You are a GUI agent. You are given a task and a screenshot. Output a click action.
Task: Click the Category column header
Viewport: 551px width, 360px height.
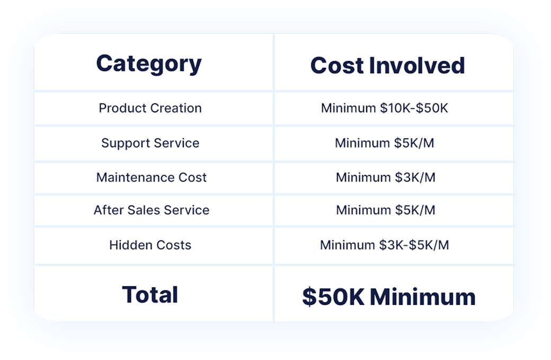149,64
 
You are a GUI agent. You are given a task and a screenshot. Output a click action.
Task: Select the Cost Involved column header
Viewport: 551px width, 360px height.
388,65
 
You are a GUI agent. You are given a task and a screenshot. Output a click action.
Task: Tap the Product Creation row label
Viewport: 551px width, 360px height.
150,108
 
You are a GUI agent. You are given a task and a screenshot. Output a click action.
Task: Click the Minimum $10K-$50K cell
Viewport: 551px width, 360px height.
385,108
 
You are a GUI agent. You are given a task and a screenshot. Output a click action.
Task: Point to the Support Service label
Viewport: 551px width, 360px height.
150,143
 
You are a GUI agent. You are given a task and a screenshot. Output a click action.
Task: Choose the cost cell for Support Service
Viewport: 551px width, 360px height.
385,143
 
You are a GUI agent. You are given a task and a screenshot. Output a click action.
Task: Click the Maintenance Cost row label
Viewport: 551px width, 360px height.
151,177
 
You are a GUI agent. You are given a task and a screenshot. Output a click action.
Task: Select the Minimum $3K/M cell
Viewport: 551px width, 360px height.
386,177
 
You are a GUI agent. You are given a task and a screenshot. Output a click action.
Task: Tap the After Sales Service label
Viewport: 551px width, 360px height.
151,210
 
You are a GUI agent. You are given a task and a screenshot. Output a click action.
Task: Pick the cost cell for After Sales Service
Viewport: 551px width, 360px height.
386,210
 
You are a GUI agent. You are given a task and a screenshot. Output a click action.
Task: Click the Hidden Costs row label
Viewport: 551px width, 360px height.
150,245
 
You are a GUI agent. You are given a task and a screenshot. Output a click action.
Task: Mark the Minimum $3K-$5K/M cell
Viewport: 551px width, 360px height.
385,245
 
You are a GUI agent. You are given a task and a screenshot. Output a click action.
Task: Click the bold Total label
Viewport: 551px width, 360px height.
150,295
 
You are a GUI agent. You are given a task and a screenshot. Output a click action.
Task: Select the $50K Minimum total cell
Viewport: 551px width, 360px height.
389,297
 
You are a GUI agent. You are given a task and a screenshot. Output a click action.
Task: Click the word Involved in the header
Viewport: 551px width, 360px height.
417,65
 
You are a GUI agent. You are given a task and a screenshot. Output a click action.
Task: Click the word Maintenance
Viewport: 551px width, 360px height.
135,177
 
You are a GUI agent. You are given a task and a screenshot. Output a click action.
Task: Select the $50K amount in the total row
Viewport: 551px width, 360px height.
333,297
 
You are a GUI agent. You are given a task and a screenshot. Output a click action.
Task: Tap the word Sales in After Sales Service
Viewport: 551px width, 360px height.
144,210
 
